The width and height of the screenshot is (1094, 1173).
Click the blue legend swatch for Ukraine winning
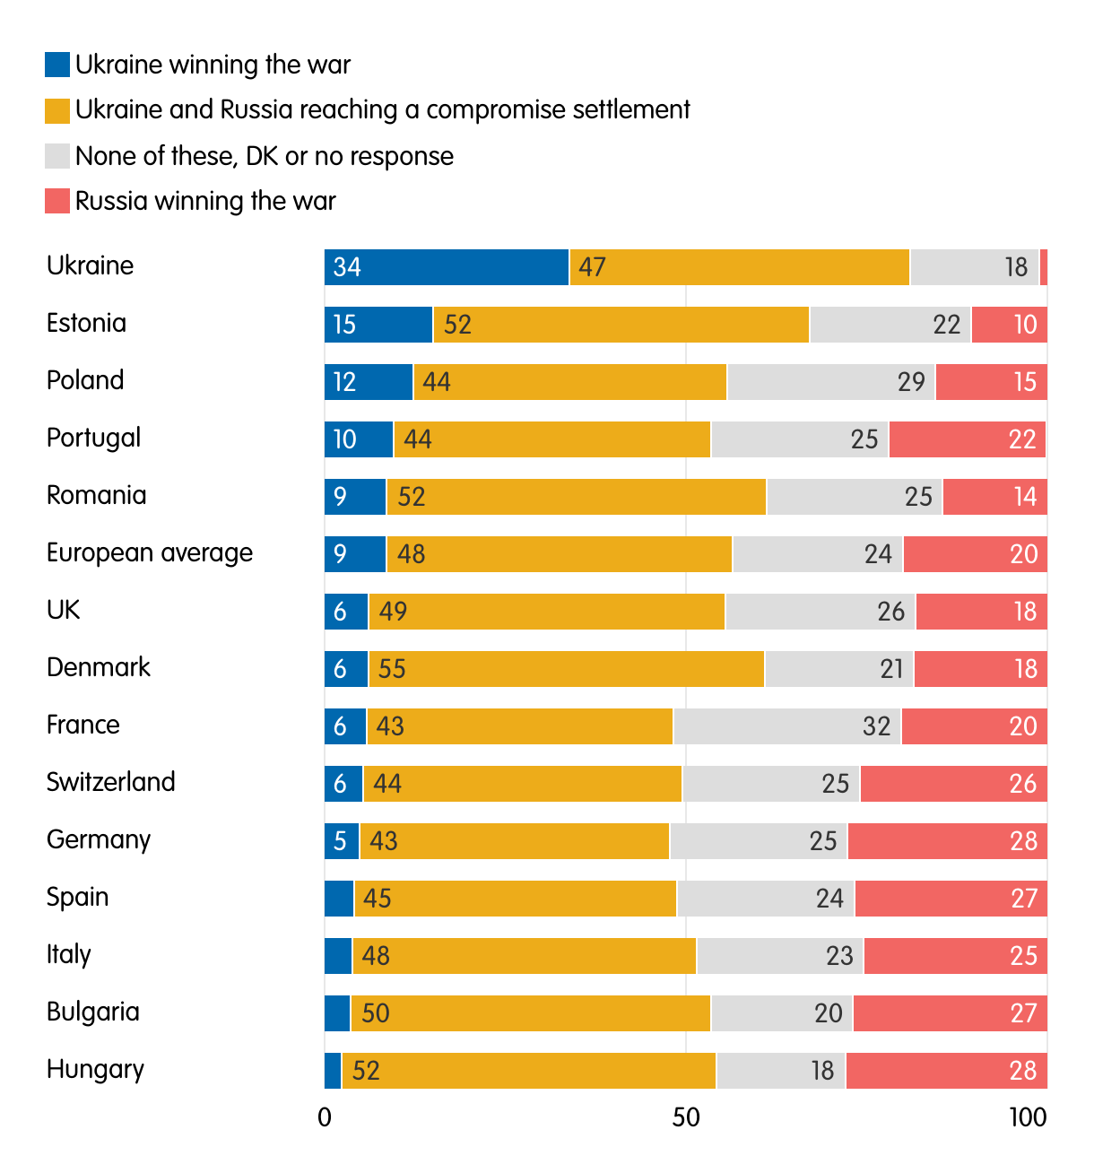[x=57, y=65]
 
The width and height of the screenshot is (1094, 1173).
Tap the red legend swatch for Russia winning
[x=57, y=201]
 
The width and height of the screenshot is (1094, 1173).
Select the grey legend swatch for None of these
[x=57, y=156]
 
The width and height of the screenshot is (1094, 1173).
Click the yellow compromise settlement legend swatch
[x=57, y=110]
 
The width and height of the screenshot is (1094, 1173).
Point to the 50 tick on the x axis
[x=686, y=1117]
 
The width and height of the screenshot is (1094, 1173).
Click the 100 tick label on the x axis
[x=1027, y=1117]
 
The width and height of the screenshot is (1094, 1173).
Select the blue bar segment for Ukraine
[x=447, y=267]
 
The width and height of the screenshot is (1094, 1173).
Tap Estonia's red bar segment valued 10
[x=1009, y=325]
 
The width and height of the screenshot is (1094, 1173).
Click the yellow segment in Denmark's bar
[x=566, y=669]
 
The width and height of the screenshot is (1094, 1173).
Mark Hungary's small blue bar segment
[x=333, y=1071]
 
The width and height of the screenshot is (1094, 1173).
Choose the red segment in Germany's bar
[x=947, y=841]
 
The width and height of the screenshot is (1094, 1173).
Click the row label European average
[x=150, y=553]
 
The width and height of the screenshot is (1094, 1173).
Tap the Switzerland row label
[x=111, y=782]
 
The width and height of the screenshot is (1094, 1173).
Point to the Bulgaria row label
[x=93, y=1012]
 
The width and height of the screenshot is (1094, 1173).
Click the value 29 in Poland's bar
[x=911, y=382]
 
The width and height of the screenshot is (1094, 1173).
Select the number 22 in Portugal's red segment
[x=1022, y=439]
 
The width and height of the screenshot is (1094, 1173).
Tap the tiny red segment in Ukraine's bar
[x=1044, y=267]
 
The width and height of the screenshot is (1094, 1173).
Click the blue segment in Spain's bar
[x=339, y=899]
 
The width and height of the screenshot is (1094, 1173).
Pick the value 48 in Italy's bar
[x=376, y=956]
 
